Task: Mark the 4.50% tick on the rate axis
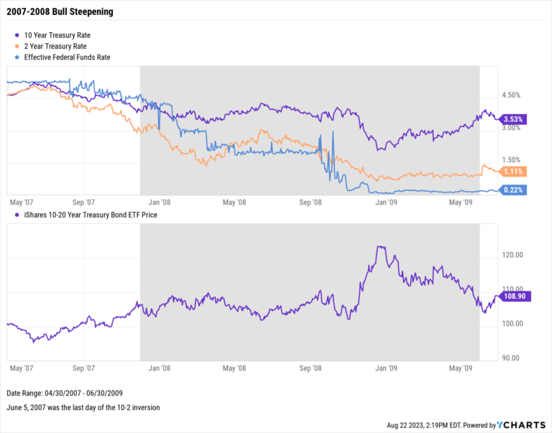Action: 511,95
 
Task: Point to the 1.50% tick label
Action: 511,159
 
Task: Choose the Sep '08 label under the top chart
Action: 312,203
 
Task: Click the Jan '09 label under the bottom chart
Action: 387,368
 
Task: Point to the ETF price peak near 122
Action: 379,247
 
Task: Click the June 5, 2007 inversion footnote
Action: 83,407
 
